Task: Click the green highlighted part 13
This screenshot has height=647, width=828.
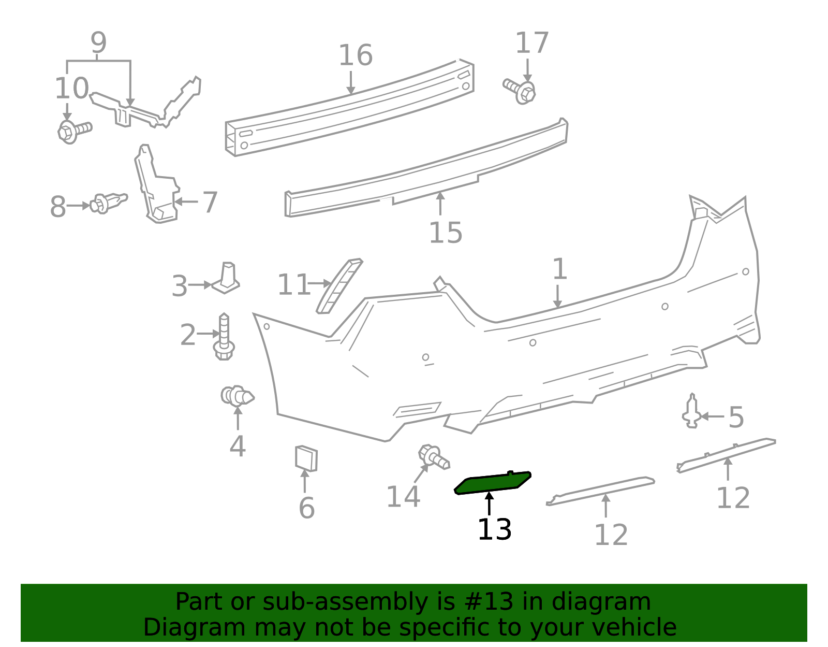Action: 492,483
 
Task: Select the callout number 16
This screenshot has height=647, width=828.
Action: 356,55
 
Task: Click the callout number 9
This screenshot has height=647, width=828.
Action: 98,42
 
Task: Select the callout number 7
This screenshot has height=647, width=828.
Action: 210,202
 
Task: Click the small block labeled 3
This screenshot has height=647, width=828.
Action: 226,278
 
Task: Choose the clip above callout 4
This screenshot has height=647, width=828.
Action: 238,395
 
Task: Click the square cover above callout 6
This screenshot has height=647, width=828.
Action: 306,458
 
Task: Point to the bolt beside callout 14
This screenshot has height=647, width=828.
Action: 434,457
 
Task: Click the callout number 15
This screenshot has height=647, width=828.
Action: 446,233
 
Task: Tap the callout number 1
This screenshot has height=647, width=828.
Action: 559,269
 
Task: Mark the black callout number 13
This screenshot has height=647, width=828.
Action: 494,529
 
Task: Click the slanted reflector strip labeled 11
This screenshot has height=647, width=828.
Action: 339,286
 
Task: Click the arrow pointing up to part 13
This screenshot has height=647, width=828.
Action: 489,504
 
